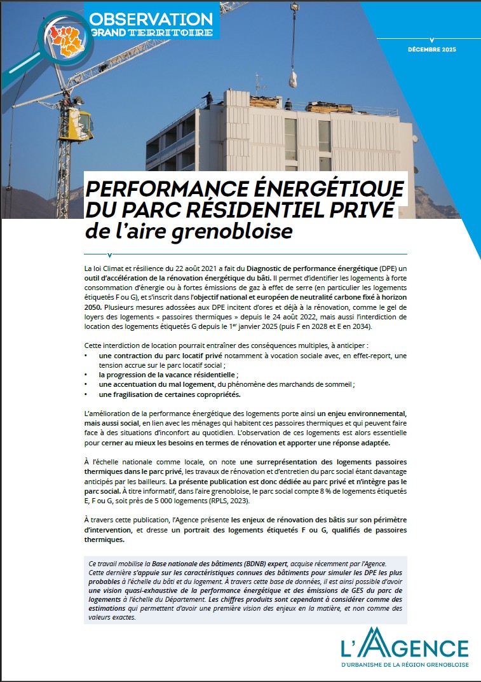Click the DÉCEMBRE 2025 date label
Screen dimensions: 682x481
[431, 50]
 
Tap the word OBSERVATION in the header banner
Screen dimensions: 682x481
[152, 19]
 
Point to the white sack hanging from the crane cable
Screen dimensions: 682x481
[295, 80]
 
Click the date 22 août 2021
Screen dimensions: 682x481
[192, 270]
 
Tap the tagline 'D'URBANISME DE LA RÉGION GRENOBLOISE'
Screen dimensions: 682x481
[405, 664]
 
